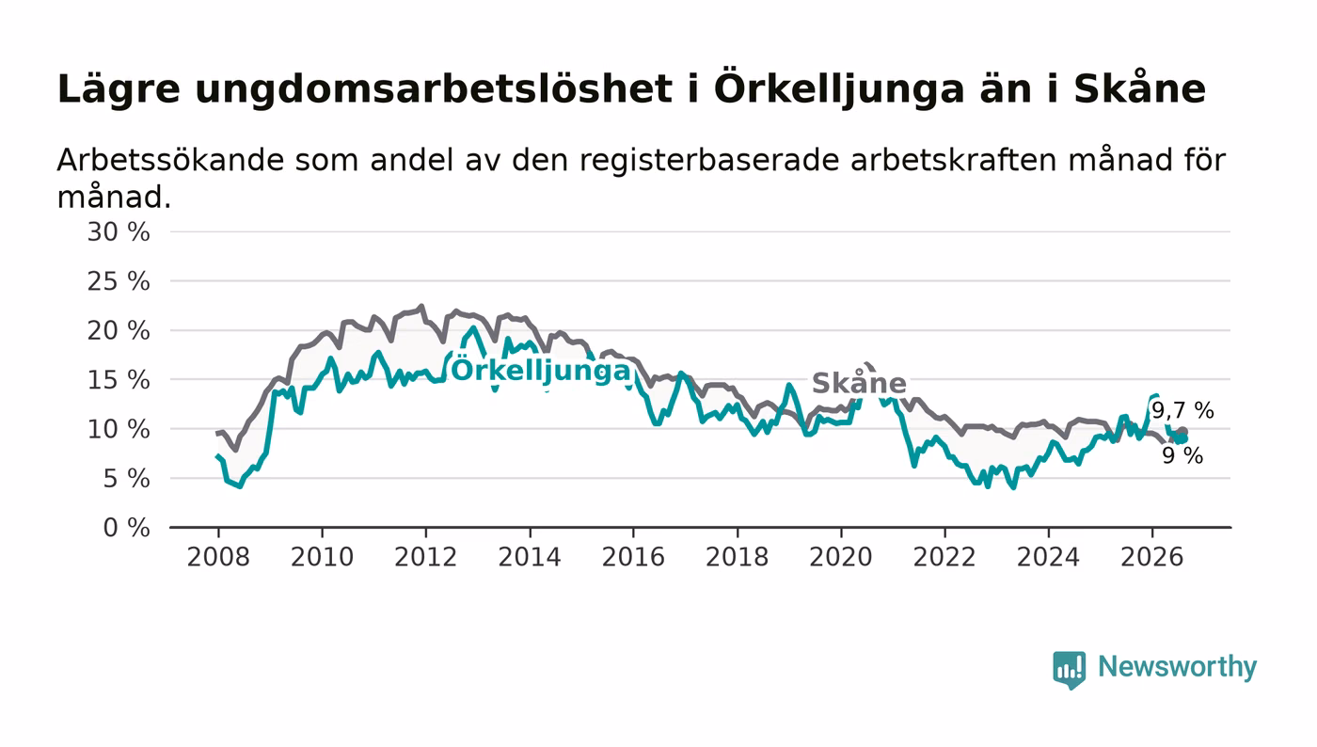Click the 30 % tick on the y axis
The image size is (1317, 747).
point(119,232)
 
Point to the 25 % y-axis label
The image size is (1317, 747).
point(119,281)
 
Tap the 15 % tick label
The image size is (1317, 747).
point(119,381)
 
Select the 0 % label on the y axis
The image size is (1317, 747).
point(126,528)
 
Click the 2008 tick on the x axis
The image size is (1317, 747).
point(218,557)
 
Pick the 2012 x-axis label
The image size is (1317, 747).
point(425,557)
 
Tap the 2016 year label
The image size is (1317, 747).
point(633,557)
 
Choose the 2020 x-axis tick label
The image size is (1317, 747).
point(841,557)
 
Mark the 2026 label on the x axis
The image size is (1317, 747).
point(1151,557)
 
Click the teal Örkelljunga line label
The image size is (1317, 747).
point(541,371)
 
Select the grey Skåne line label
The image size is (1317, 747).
point(859,383)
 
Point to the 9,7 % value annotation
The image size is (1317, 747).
point(1182,410)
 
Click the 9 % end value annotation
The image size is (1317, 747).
point(1182,455)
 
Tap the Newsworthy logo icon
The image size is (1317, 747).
point(1069,669)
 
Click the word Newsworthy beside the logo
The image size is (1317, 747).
point(1177,667)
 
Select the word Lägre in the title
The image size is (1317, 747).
point(119,90)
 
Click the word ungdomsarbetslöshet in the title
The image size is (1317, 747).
point(434,90)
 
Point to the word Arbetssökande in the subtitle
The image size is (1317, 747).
point(170,161)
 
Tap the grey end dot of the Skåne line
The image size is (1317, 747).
point(1183,432)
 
